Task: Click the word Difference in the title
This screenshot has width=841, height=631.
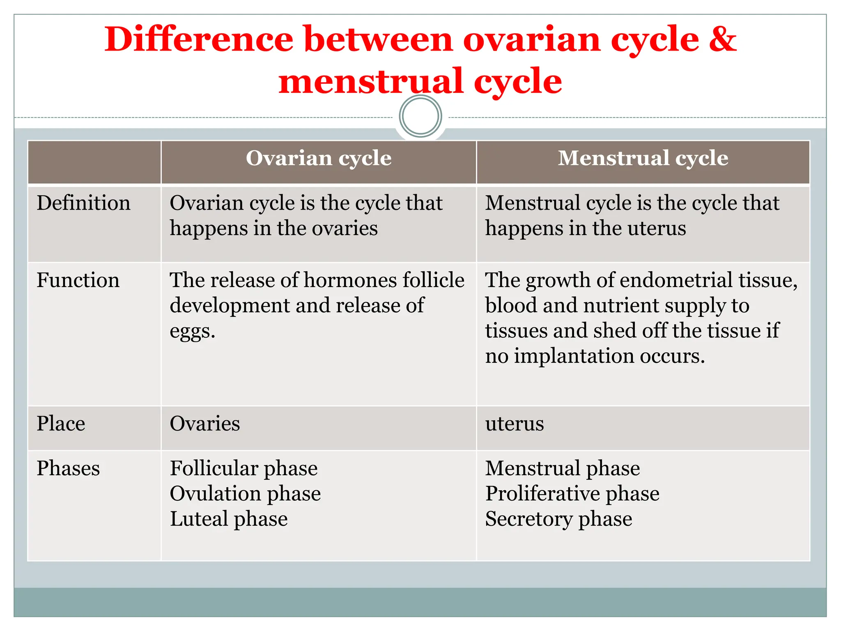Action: pyautogui.click(x=199, y=39)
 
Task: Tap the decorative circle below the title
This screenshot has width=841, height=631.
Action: pyautogui.click(x=420, y=116)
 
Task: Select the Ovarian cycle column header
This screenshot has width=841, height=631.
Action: pyautogui.click(x=319, y=158)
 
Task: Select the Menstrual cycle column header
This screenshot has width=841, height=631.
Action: pyautogui.click(x=643, y=158)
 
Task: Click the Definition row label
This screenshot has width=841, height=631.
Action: pyautogui.click(x=83, y=203)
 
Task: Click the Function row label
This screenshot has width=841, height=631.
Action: pyautogui.click(x=78, y=280)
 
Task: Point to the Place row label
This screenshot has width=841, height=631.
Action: pyautogui.click(x=61, y=424)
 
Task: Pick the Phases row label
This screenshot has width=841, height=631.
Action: pyautogui.click(x=68, y=468)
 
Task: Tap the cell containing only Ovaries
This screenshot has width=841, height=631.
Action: pyautogui.click(x=205, y=424)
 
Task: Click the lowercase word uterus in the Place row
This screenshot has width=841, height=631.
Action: pyautogui.click(x=514, y=424)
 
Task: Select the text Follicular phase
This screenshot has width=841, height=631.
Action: pyautogui.click(x=244, y=468)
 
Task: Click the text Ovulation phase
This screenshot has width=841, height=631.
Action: pyautogui.click(x=245, y=493)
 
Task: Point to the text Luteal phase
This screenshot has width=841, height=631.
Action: pyautogui.click(x=229, y=519)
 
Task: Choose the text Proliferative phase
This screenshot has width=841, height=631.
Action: pyautogui.click(x=572, y=493)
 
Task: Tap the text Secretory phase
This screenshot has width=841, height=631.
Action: pyautogui.click(x=558, y=519)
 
